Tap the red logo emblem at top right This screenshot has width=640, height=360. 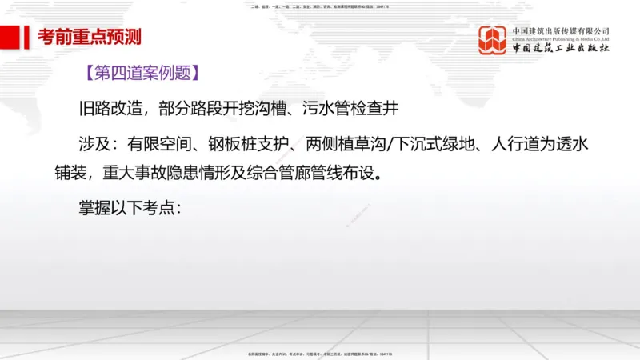tap(493, 41)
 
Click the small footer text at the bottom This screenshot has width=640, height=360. tap(320, 353)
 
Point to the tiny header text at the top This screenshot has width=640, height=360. tap(320, 7)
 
